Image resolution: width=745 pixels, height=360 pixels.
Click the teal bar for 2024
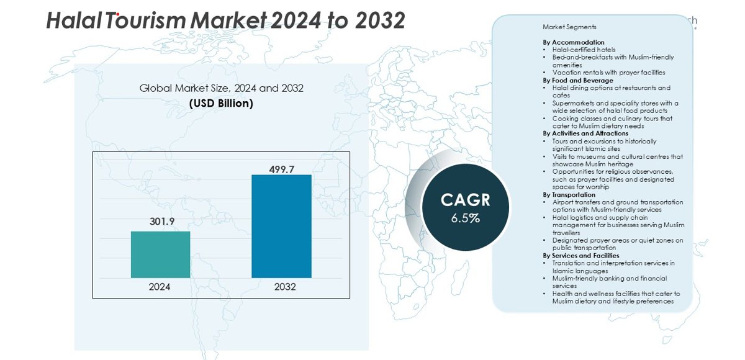160,254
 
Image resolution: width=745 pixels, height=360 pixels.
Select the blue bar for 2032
281,226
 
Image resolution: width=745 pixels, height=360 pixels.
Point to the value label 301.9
161,221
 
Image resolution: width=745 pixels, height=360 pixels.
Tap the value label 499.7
282,169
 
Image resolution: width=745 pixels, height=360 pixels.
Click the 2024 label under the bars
160,287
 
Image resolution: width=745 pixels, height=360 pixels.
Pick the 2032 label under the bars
285,287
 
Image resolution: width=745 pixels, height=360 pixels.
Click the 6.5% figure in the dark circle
465,218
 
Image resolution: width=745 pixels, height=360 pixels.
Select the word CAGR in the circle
465,200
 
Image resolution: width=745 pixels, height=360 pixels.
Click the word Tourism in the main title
146,20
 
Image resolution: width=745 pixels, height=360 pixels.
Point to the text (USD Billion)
221,104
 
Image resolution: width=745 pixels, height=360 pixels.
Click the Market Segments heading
569,27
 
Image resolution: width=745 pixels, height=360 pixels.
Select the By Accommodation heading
573,42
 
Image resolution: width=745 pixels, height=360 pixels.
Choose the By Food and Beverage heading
577,80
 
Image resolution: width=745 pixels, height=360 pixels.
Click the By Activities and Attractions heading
585,133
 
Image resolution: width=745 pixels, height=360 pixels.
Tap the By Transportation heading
569,194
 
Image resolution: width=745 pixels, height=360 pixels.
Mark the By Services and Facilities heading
580,255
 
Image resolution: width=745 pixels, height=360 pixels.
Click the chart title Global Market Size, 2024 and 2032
221,88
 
